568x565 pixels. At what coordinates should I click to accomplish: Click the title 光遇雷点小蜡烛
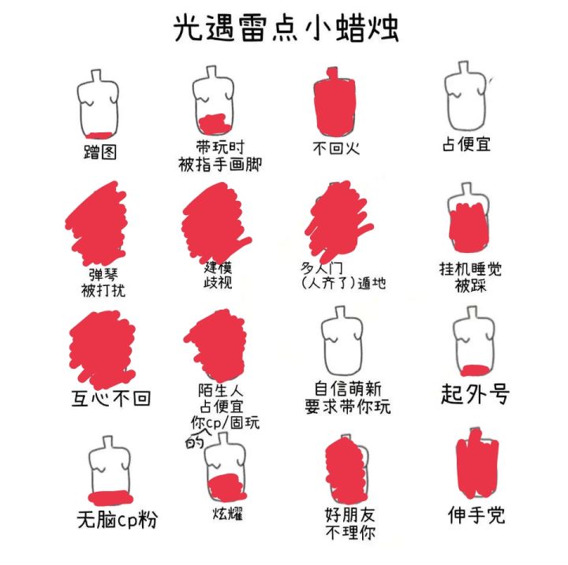(x=286, y=28)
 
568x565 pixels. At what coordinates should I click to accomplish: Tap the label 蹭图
(x=100, y=152)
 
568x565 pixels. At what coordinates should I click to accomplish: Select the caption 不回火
(x=336, y=148)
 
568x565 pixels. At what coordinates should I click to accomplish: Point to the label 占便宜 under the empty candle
(x=466, y=144)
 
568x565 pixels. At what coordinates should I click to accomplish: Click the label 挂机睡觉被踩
(x=470, y=277)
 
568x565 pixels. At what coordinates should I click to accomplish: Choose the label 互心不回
(x=111, y=399)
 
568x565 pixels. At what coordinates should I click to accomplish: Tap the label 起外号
(x=475, y=394)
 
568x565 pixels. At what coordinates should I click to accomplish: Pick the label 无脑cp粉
(x=117, y=520)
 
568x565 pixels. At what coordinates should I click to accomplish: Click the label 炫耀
(x=228, y=513)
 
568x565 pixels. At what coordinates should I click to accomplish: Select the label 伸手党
(x=476, y=515)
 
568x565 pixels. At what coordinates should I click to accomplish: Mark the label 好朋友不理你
(x=350, y=523)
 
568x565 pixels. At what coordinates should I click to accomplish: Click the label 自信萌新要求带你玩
(x=347, y=397)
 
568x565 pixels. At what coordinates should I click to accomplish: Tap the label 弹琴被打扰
(x=103, y=283)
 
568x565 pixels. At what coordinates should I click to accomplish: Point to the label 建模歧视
(x=218, y=276)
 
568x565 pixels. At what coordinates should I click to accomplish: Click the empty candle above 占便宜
(x=465, y=96)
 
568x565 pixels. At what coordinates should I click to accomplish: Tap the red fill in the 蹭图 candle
(x=99, y=136)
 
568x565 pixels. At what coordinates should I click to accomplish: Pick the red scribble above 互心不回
(x=103, y=349)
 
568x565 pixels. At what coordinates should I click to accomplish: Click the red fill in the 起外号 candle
(x=476, y=370)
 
